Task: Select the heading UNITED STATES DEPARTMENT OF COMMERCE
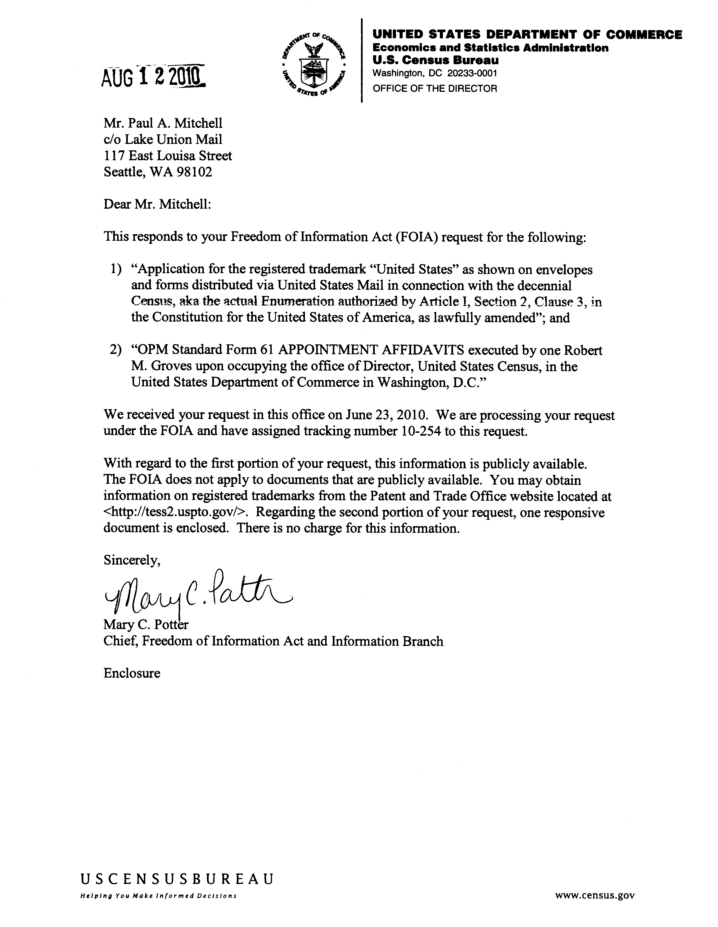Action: (527, 34)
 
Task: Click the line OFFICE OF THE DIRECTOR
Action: (434, 88)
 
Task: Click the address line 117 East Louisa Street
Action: (168, 156)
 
